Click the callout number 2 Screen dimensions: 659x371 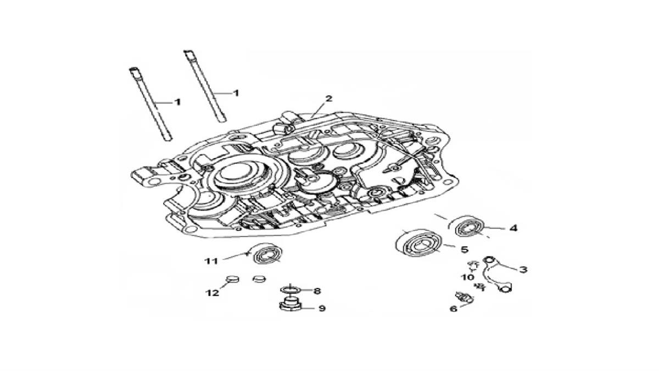point(328,98)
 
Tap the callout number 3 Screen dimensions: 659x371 point(523,269)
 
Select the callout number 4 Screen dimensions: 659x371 point(513,228)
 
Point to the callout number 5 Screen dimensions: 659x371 point(465,250)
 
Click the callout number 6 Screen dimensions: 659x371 point(454,309)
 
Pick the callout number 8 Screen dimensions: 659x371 point(317,291)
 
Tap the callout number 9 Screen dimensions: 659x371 point(322,308)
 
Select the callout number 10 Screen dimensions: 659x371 point(467,277)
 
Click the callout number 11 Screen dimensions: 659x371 point(211,261)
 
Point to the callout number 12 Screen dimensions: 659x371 point(213,293)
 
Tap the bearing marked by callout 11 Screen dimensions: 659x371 point(266,253)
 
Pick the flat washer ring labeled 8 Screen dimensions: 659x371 point(289,290)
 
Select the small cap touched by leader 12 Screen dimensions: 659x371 point(232,278)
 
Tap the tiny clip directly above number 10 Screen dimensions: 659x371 point(473,265)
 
